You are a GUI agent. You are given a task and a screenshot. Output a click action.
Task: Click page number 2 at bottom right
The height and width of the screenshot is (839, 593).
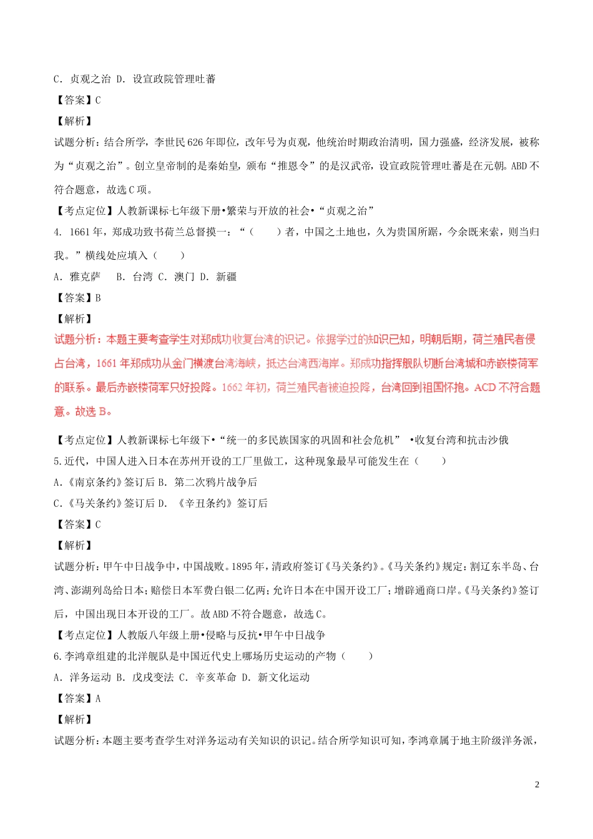pyautogui.click(x=537, y=785)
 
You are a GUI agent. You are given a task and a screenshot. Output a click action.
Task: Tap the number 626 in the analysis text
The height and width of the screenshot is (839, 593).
pyautogui.click(x=195, y=142)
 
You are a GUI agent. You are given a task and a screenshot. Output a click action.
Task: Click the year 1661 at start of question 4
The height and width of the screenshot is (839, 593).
pyautogui.click(x=79, y=232)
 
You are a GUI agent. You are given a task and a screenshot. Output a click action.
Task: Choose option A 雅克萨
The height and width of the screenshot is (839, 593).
pyautogui.click(x=77, y=277)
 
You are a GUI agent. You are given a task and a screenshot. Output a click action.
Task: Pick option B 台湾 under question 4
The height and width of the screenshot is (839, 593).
pyautogui.click(x=134, y=277)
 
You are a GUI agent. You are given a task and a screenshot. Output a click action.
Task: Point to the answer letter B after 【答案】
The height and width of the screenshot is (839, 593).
pyautogui.click(x=98, y=298)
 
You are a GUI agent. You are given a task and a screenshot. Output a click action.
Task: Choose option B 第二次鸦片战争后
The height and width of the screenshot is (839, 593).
pyautogui.click(x=207, y=482)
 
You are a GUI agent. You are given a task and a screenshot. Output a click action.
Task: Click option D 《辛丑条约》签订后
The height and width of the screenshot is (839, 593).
pyautogui.click(x=213, y=503)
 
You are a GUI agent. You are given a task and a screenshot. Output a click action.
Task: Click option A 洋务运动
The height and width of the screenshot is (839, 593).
pyautogui.click(x=82, y=677)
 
